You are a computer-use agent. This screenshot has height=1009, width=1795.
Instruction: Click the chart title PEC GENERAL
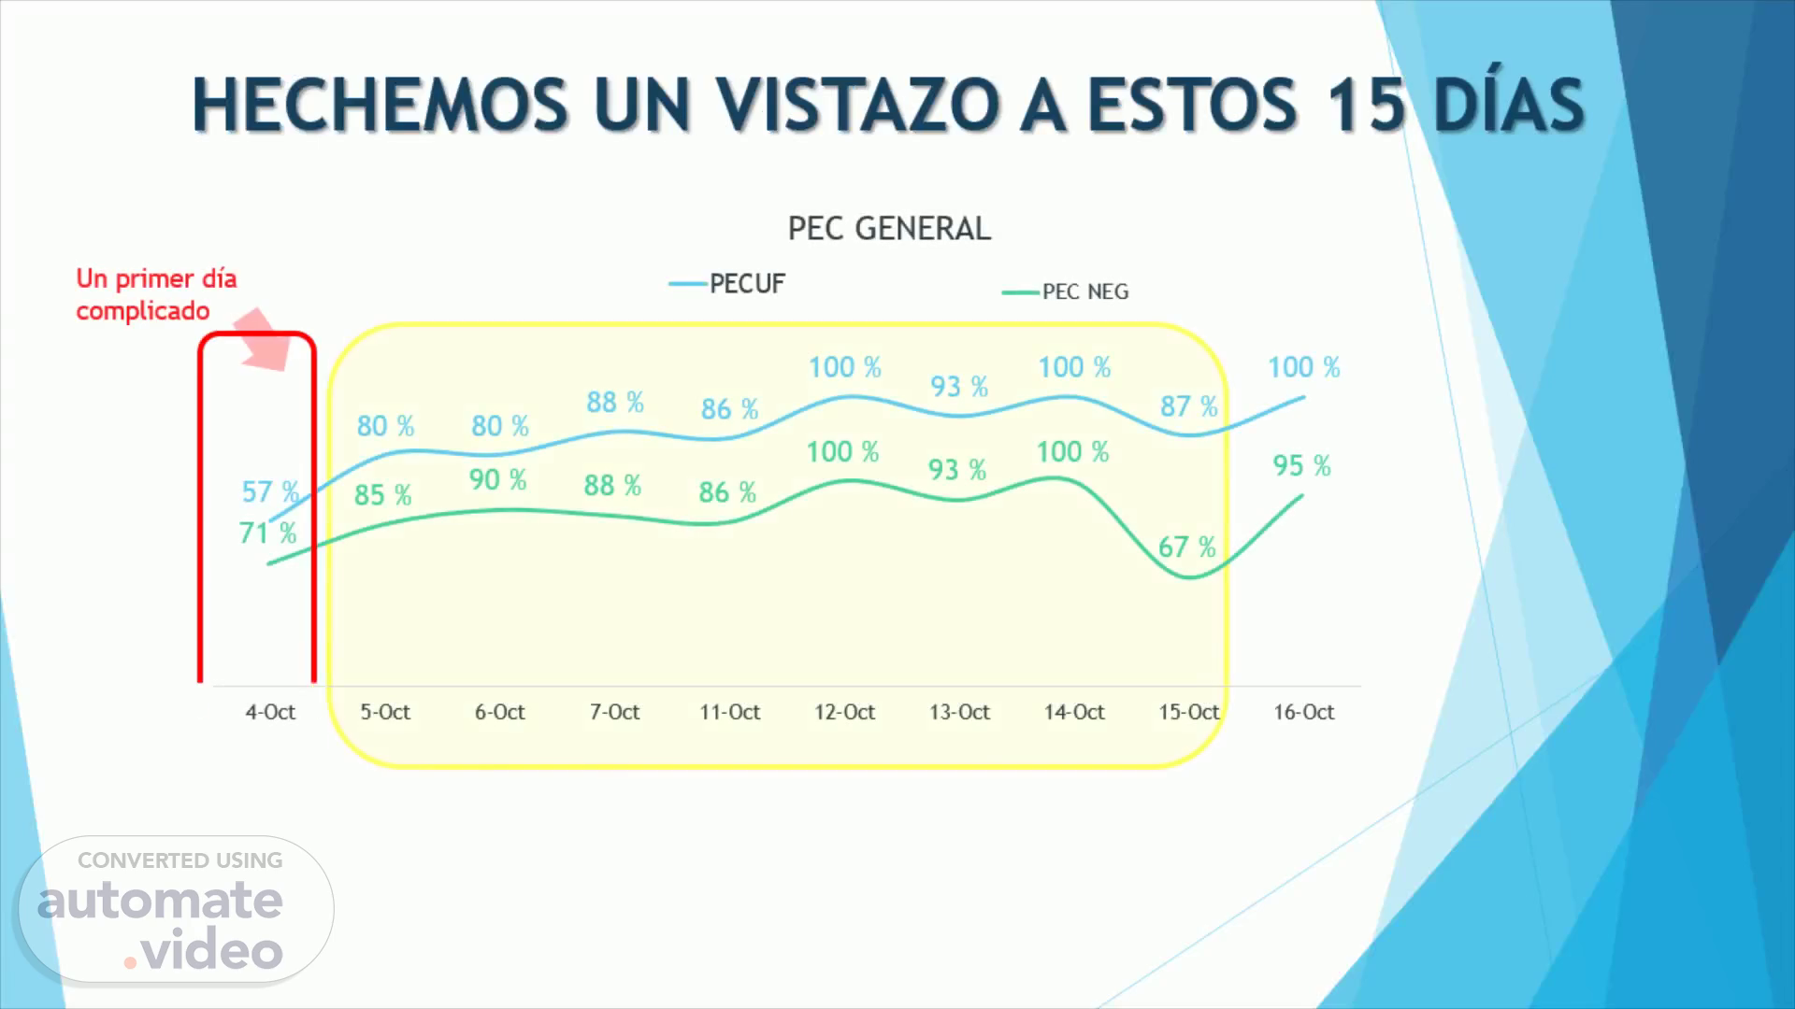pos(889,229)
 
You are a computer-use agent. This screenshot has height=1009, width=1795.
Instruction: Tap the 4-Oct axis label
pos(270,712)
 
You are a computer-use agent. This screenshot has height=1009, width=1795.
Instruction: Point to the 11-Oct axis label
pos(729,712)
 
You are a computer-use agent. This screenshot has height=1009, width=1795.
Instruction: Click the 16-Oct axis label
pos(1303,712)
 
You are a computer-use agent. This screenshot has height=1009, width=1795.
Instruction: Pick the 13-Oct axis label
pos(959,712)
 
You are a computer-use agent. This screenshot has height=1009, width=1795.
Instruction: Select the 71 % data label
pos(267,533)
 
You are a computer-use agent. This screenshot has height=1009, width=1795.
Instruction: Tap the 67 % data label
pos(1186,547)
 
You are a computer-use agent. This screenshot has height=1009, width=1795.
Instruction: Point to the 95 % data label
pos(1301,465)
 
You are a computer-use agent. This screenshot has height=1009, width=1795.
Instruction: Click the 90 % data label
pos(497,479)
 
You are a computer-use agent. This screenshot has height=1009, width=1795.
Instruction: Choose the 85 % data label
pos(382,494)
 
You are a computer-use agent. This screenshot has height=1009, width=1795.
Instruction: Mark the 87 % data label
pos(1188,406)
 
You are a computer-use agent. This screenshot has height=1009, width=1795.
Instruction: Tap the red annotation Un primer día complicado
pos(156,294)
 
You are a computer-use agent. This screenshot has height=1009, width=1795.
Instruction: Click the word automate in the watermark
pos(160,901)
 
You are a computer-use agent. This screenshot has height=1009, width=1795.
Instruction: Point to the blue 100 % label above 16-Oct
pos(1303,367)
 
